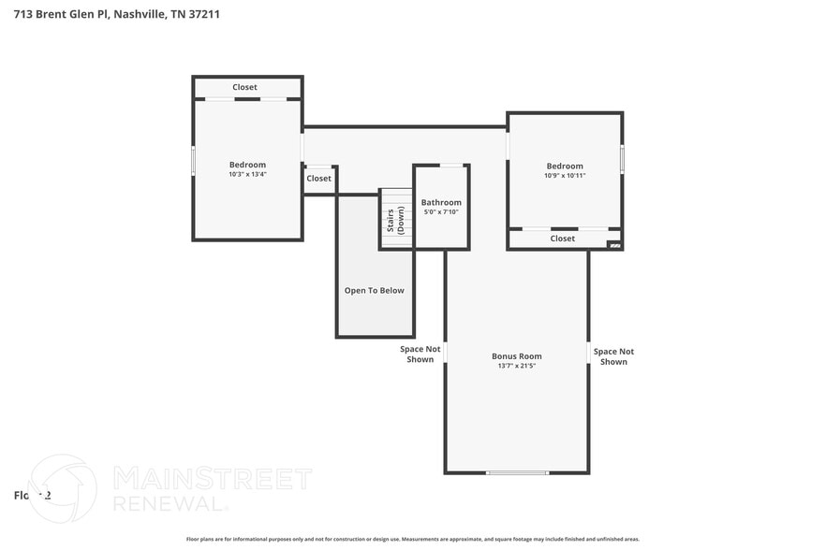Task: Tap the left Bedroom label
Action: coord(247,165)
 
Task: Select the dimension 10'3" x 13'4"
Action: coord(247,174)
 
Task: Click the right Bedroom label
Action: coord(565,166)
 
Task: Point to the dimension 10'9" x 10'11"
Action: coord(565,175)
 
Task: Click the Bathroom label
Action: coord(441,202)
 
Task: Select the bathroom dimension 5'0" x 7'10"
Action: coord(441,212)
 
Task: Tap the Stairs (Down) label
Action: coord(395,220)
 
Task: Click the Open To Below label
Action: coord(375,290)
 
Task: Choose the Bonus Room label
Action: coord(517,355)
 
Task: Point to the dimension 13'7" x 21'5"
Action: coord(517,366)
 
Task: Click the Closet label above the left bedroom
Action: coord(245,87)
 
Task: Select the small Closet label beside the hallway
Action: coord(318,178)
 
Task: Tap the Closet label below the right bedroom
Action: coord(563,239)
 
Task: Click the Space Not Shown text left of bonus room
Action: coord(420,355)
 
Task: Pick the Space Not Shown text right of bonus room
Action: coord(613,356)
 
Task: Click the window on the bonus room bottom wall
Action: coord(517,472)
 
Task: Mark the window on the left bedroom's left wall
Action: coord(194,160)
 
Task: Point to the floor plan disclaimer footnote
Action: coord(413,539)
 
